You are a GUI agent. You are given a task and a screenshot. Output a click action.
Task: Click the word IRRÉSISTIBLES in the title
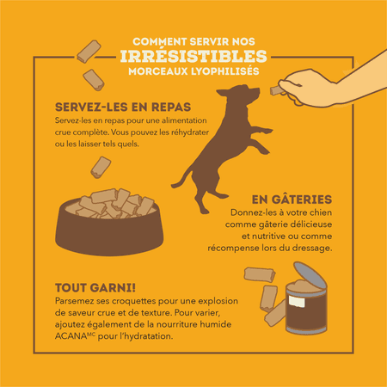click(193, 56)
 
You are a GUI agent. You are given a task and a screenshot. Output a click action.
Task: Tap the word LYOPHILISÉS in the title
click(225, 71)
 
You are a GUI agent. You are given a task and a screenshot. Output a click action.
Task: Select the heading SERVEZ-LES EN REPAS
click(123, 107)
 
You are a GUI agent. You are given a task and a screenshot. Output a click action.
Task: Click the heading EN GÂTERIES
click(292, 200)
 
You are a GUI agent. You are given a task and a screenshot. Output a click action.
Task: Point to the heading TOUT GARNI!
click(95, 288)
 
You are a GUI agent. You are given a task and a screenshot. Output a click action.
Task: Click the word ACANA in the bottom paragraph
click(71, 336)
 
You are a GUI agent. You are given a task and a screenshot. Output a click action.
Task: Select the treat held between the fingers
click(277, 90)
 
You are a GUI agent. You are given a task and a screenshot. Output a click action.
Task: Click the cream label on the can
click(296, 301)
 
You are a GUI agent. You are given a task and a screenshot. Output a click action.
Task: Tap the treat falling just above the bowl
click(101, 167)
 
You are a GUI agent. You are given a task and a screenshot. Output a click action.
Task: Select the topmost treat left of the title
click(89, 52)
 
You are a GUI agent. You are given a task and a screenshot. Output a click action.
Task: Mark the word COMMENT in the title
click(160, 42)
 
